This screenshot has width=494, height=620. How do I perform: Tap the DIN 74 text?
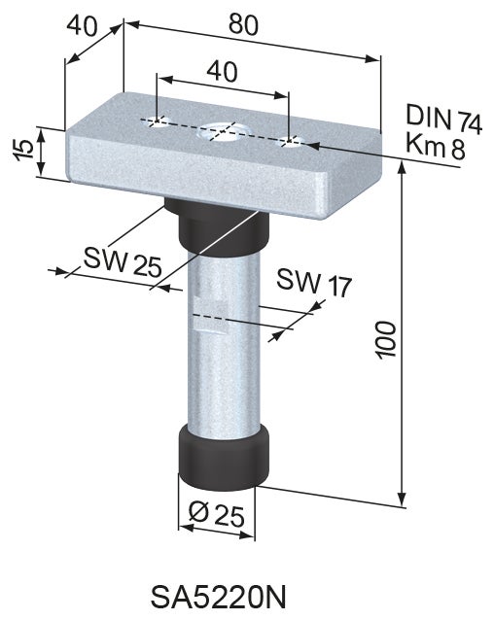pyautogui.click(x=443, y=121)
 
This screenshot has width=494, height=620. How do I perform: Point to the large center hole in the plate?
pyautogui.click(x=222, y=131)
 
